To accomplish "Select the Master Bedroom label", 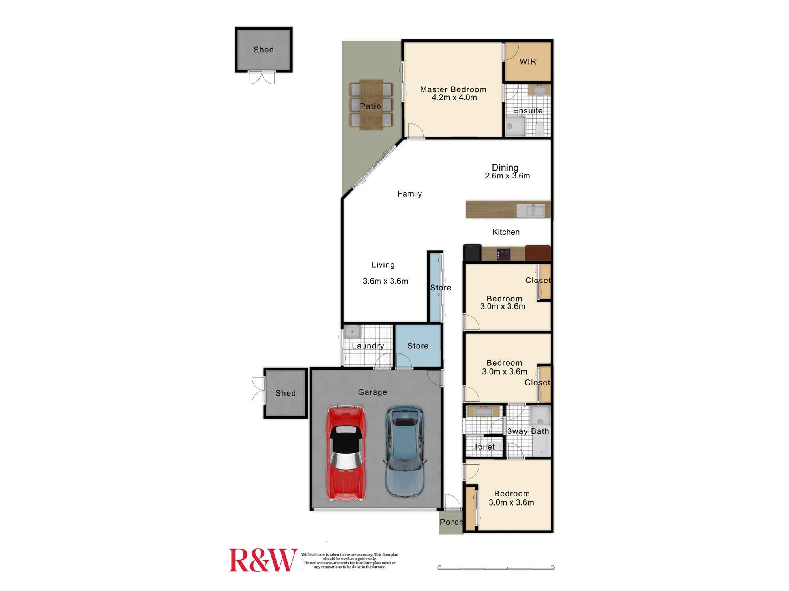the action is tap(453, 89).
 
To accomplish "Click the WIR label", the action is tap(528, 62).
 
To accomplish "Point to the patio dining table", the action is tap(371, 104).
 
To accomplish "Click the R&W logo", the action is tap(263, 560).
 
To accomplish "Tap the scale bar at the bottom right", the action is tap(495, 568).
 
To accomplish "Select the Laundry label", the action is tap(368, 346).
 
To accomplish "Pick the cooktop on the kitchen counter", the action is tap(503, 254).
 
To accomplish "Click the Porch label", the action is tap(451, 522).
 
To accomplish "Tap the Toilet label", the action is tap(484, 447).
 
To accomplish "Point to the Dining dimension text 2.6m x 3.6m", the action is tap(507, 176).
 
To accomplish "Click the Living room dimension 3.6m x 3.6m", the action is tap(385, 281).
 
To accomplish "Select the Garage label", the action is tap(372, 392).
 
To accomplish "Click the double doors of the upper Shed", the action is tap(262, 78).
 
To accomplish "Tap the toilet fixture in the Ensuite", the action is tap(539, 128).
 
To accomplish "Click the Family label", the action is tap(409, 194).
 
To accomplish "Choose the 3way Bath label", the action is tap(528, 431).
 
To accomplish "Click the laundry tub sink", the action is tap(352, 332).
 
